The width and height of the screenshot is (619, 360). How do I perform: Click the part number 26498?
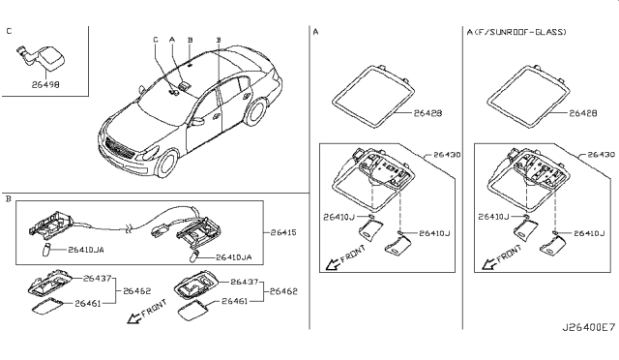point(45,84)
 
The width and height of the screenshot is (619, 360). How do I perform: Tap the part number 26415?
point(283,232)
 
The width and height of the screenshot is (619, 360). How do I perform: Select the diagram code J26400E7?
point(589,328)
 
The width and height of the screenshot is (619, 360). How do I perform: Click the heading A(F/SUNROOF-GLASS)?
point(516,32)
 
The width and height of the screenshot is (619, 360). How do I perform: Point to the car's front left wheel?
point(166,163)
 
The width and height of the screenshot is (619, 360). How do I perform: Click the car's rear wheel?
point(254,111)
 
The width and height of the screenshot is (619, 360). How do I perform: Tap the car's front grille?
point(118,148)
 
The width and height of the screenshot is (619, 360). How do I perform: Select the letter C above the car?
point(156,40)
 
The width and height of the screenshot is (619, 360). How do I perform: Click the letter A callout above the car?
point(172,40)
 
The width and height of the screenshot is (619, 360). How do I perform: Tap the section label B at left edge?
point(9,198)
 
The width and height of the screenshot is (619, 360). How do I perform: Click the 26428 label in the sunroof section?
point(582,113)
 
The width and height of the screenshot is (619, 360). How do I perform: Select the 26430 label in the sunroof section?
point(602,155)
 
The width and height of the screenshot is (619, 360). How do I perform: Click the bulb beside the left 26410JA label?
point(46,250)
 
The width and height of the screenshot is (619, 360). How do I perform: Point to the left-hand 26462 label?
point(137,291)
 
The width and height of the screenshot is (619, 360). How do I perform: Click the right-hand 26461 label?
point(234,301)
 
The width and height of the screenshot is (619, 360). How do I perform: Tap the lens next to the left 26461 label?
point(47,307)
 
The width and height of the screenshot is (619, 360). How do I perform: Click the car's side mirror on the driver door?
point(197,121)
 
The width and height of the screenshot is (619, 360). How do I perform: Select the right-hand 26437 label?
point(244,282)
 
